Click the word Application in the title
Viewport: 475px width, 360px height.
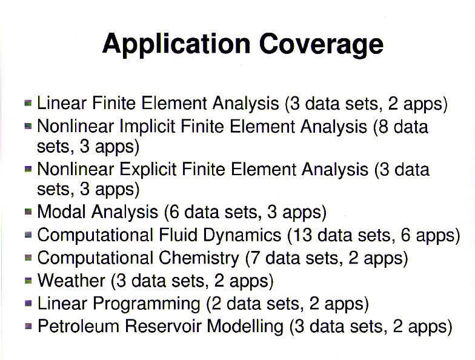point(176,44)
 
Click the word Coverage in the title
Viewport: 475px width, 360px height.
point(321,44)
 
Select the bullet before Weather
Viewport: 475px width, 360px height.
point(28,280)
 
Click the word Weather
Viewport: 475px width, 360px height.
point(71,280)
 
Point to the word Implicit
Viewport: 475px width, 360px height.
point(147,126)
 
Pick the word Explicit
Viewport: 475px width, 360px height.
point(148,169)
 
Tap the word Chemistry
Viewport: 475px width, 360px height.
point(199,258)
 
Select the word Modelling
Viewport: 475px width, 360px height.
point(245,327)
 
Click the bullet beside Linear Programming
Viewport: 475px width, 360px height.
point(28,303)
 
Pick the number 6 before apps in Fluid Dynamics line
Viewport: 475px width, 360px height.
point(406,235)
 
